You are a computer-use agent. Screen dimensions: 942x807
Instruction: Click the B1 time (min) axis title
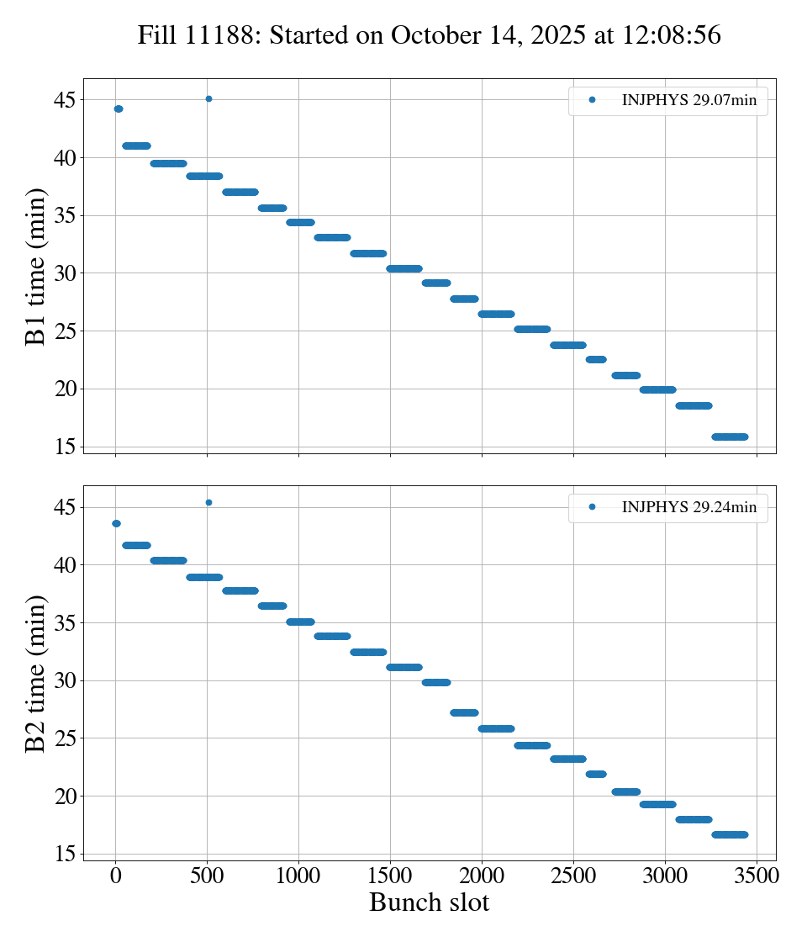(36, 266)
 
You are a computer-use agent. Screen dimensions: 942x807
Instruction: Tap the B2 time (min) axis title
(36, 673)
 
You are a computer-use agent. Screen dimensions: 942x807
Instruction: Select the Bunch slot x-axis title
(429, 902)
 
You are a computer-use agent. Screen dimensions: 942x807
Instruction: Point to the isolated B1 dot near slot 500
(208, 98)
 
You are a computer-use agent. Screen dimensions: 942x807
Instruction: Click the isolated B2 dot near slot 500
(208, 502)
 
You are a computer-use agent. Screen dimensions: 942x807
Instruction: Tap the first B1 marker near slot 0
(119, 108)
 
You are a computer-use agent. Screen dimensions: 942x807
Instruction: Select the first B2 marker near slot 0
(116, 523)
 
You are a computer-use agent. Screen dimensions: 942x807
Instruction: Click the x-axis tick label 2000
(482, 876)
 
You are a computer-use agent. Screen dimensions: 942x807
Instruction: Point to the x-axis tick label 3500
(757, 876)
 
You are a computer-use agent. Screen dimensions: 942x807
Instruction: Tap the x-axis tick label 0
(116, 876)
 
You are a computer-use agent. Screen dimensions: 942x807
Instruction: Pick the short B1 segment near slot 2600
(596, 359)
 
